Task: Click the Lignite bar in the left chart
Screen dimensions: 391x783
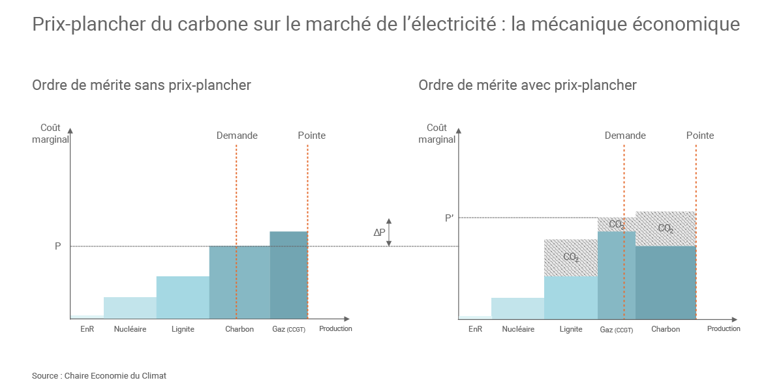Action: pyautogui.click(x=183, y=297)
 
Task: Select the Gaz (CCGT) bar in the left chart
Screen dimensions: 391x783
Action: pyautogui.click(x=288, y=275)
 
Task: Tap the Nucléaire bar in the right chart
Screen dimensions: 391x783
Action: pyautogui.click(x=517, y=308)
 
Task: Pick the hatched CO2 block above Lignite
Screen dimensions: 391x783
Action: pyautogui.click(x=570, y=257)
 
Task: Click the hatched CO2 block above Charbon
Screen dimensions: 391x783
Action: pyautogui.click(x=666, y=228)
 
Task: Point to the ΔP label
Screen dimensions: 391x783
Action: pyautogui.click(x=379, y=232)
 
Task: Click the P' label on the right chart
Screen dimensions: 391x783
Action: pyautogui.click(x=449, y=218)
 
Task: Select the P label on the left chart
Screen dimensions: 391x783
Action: pyautogui.click(x=58, y=246)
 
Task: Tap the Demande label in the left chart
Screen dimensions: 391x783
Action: pyautogui.click(x=237, y=136)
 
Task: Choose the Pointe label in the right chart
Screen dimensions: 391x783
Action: pyautogui.click(x=700, y=136)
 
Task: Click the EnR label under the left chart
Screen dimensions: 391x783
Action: pyautogui.click(x=87, y=329)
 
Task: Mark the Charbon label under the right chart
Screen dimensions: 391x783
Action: pyautogui.click(x=666, y=329)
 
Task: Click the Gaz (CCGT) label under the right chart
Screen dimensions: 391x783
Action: pyautogui.click(x=616, y=330)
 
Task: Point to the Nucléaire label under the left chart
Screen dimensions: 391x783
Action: pyautogui.click(x=130, y=329)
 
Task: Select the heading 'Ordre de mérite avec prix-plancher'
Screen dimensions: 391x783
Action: pyautogui.click(x=527, y=85)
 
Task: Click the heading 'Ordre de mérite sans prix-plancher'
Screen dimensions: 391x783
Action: pyautogui.click(x=142, y=85)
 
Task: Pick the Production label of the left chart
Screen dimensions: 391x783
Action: pyautogui.click(x=335, y=328)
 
